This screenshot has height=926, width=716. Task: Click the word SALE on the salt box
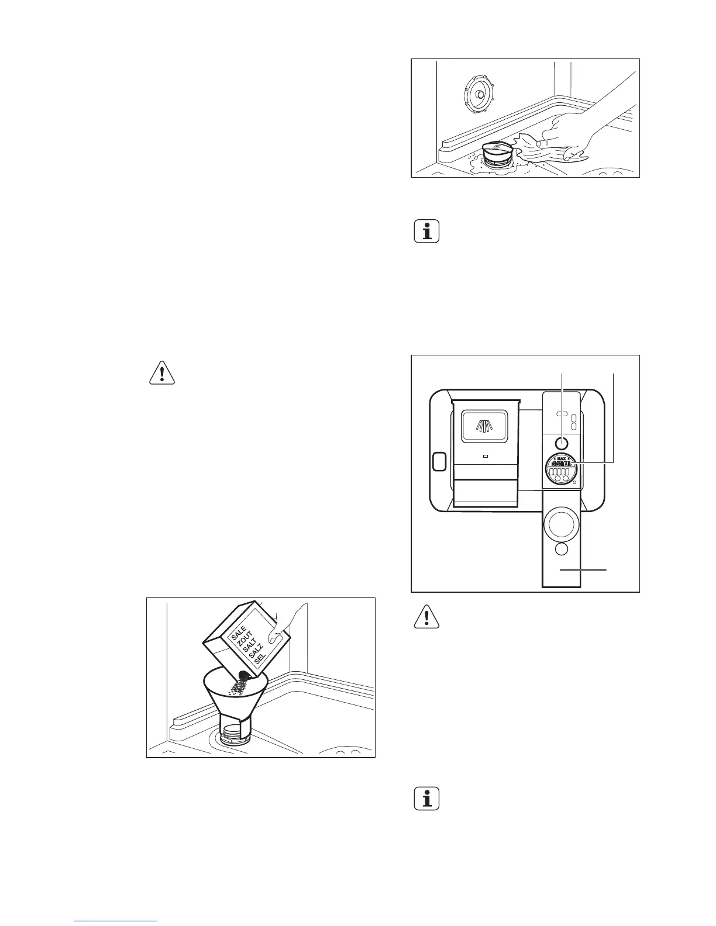pyautogui.click(x=238, y=633)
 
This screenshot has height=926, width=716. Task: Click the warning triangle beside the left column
pyautogui.click(x=162, y=373)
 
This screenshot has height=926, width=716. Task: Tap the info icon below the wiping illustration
pyautogui.click(x=426, y=232)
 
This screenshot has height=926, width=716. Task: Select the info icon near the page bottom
pyautogui.click(x=426, y=800)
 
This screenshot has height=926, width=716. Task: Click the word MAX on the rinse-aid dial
pyautogui.click(x=562, y=458)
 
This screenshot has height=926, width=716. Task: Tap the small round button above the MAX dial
pyautogui.click(x=562, y=443)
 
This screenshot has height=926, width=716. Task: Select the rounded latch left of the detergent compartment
pyautogui.click(x=438, y=461)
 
